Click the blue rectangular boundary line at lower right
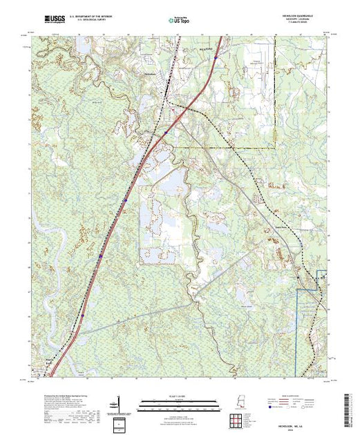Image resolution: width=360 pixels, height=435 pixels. (x=297, y=331)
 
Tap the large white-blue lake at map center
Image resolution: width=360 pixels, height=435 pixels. (x=173, y=181)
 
